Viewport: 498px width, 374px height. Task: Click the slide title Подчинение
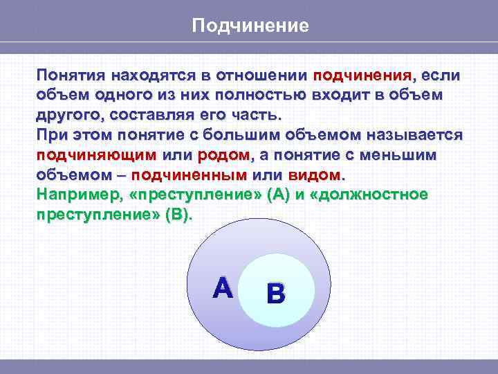tap(249, 26)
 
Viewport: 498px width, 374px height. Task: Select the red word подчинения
tap(362, 74)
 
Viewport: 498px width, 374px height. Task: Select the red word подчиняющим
tap(97, 154)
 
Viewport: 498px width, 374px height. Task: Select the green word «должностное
tap(370, 195)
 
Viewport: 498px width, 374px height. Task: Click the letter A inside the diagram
tap(223, 288)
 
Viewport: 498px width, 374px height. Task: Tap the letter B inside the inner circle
tap(275, 295)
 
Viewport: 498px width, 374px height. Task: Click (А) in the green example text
tap(279, 195)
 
